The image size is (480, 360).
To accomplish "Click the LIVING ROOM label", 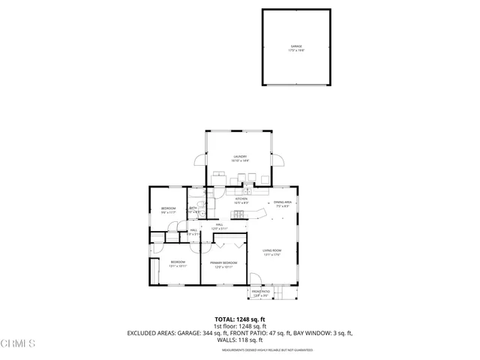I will (271, 252).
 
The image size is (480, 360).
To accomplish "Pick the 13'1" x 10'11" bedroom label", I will (177, 264).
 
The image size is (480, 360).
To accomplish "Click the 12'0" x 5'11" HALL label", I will (220, 226).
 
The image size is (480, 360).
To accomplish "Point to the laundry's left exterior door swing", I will (199, 160).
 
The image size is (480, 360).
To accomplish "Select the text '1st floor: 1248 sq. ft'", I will (239, 326).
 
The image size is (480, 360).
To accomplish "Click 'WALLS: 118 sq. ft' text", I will (239, 340).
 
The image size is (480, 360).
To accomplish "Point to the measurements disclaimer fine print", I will (239, 349).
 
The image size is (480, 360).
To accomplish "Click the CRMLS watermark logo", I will (18, 344).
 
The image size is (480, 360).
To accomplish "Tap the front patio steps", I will (274, 292).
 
